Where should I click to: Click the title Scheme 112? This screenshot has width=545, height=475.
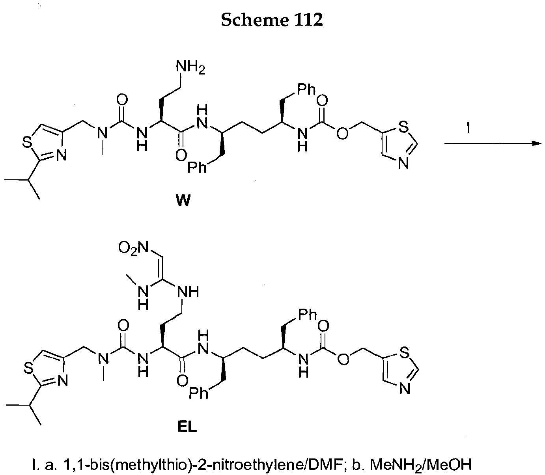click(x=272, y=20)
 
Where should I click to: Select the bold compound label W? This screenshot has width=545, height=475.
click(x=183, y=200)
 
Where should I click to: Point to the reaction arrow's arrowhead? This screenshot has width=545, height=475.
click(x=536, y=143)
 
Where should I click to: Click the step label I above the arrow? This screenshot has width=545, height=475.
click(x=468, y=129)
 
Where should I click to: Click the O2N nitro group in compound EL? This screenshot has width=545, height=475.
click(x=133, y=248)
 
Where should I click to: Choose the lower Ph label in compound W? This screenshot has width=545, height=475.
click(x=198, y=168)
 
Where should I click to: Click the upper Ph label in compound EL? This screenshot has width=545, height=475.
click(x=308, y=315)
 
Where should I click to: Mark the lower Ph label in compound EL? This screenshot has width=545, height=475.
click(x=199, y=393)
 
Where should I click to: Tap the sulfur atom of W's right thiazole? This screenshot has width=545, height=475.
click(x=404, y=127)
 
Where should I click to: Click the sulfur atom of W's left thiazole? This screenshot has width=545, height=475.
click(x=27, y=142)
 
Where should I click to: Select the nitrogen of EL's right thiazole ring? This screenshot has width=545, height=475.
click(x=405, y=389)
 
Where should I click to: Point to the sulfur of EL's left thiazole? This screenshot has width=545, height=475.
click(x=29, y=367)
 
